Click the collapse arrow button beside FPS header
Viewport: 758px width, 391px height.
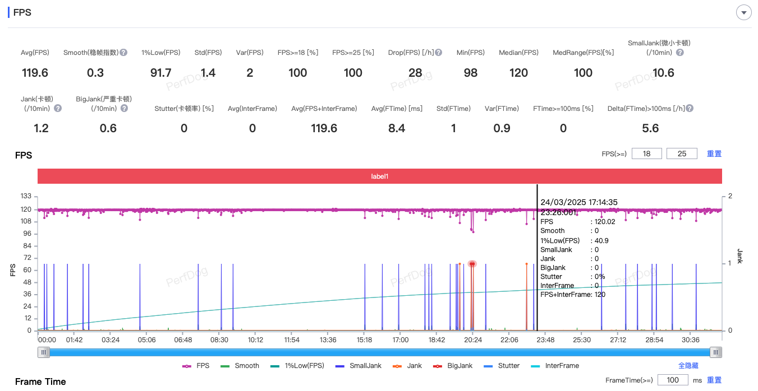(x=744, y=12)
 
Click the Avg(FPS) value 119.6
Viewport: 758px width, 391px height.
(x=35, y=73)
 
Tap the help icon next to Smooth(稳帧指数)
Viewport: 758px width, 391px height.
(x=123, y=53)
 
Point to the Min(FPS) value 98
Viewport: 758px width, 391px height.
(x=470, y=73)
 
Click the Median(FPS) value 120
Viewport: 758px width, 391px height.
(x=518, y=73)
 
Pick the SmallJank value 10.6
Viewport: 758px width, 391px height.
(x=663, y=73)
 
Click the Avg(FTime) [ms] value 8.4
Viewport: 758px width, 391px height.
(x=397, y=128)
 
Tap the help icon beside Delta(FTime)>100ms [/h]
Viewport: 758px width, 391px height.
(x=690, y=109)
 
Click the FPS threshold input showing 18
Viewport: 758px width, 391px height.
(x=647, y=153)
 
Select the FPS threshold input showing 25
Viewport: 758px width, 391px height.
(x=682, y=153)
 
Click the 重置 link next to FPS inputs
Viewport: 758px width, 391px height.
(x=714, y=153)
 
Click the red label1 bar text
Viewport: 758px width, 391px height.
(x=380, y=176)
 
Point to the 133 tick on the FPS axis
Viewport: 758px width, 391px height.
(x=26, y=196)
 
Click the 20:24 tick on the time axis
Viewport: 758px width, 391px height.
(x=473, y=339)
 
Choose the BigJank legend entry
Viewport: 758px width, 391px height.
(x=453, y=366)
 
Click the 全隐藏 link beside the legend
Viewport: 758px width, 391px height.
(x=688, y=366)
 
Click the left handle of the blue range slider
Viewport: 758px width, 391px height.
(x=44, y=352)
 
